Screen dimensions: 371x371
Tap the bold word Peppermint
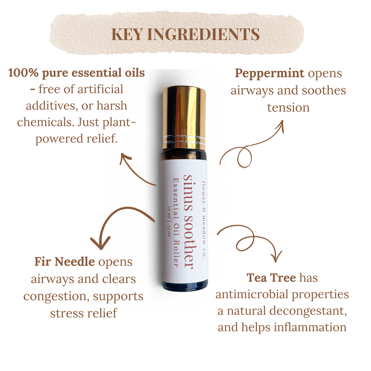click(x=269, y=74)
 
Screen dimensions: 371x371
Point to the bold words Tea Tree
click(x=271, y=278)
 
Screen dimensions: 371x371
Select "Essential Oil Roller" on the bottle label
click(x=176, y=222)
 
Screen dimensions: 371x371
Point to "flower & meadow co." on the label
click(x=204, y=220)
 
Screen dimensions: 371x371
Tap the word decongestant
click(x=308, y=311)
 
